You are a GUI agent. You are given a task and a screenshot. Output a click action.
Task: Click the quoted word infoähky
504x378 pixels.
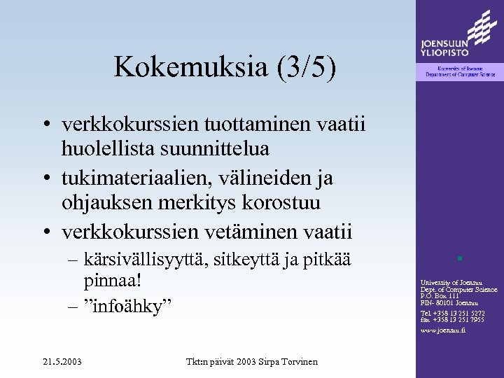coord(133,306)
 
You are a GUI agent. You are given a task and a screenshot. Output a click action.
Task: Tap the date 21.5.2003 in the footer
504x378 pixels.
coord(61,361)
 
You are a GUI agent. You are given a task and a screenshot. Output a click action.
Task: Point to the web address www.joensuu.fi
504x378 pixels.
coord(442,330)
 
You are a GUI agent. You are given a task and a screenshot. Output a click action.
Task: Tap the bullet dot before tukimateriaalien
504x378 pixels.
coord(44,179)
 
